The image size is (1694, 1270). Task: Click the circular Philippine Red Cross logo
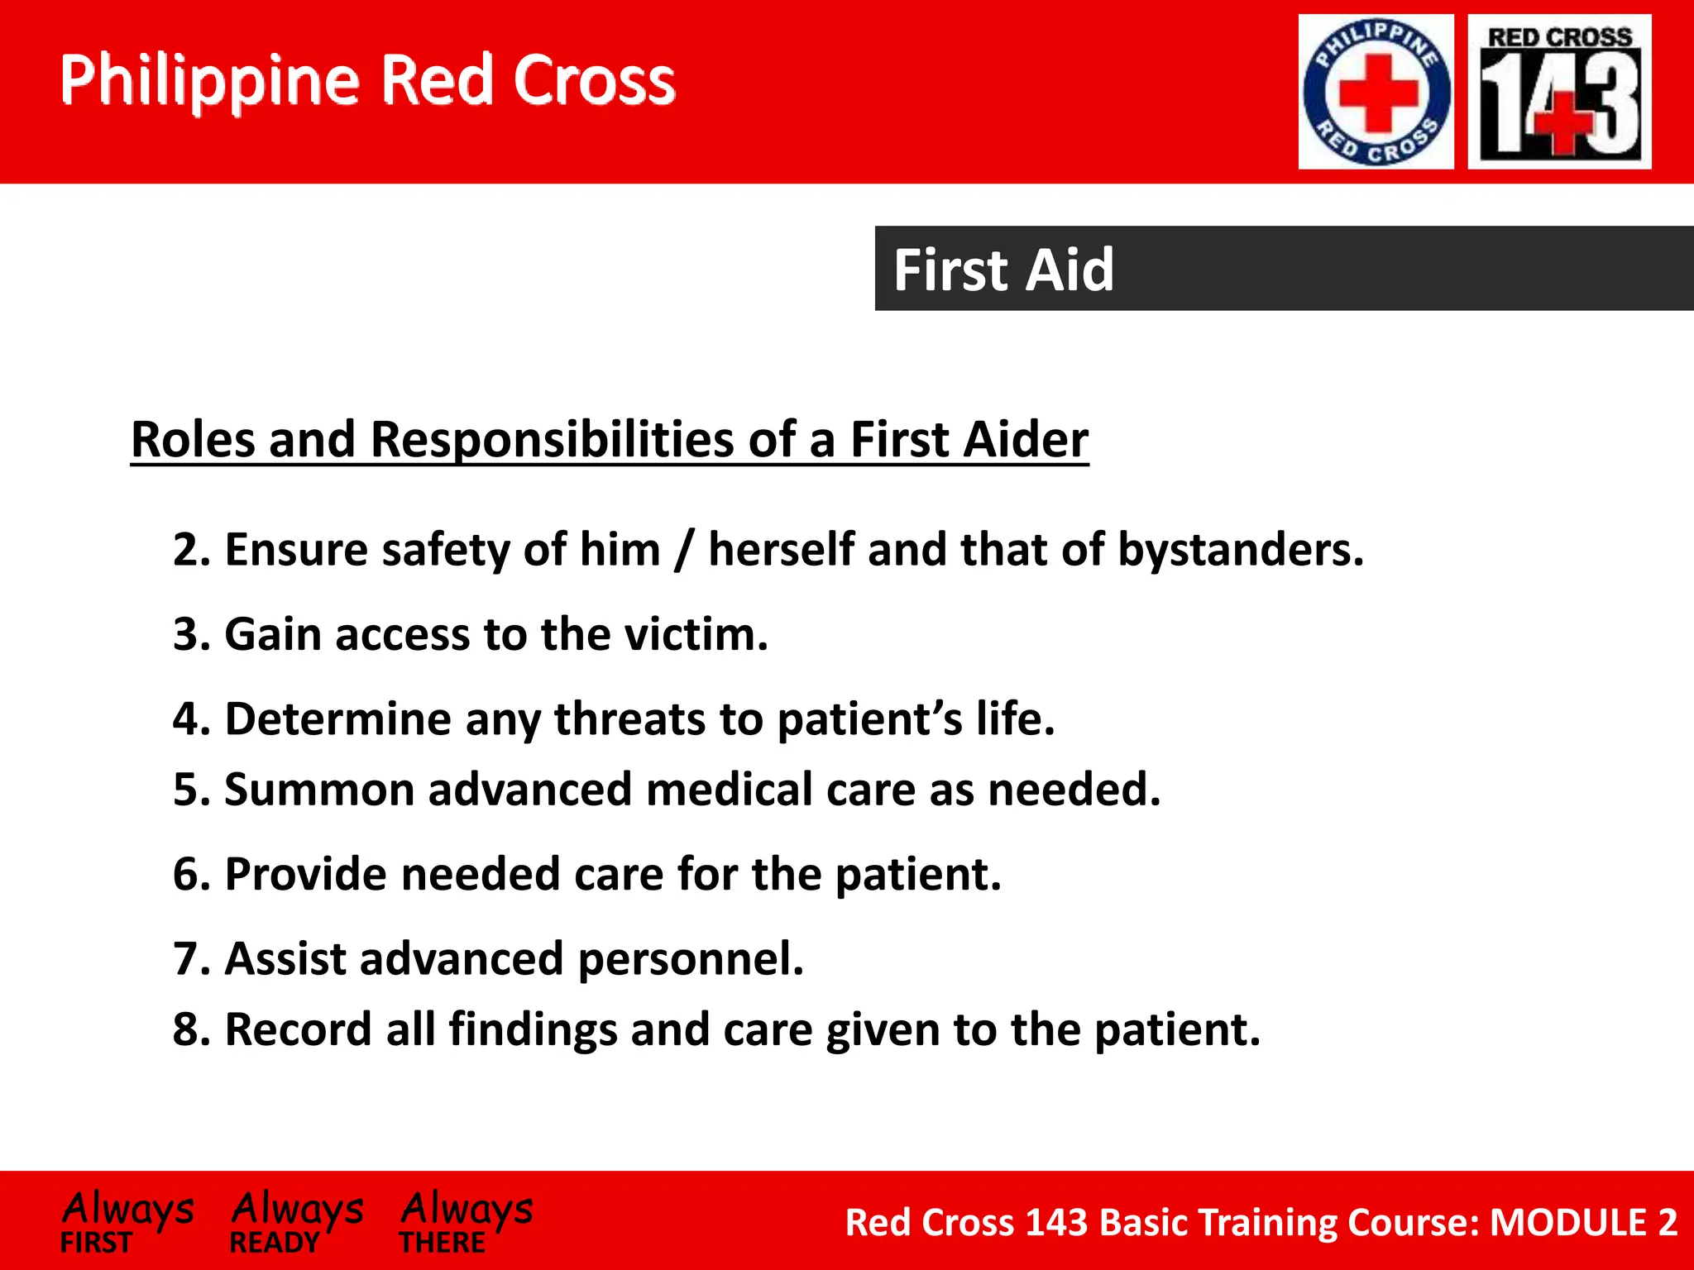[x=1376, y=92]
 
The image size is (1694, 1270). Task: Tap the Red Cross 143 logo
[x=1559, y=92]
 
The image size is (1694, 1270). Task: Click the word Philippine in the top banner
[x=210, y=81]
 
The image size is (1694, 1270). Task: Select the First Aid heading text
[x=1003, y=270]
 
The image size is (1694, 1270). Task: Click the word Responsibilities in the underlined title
[x=552, y=439]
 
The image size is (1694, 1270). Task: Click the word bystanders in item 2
[x=1240, y=550]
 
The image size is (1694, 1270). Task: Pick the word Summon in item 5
[x=318, y=790]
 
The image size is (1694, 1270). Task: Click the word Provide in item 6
[x=305, y=874]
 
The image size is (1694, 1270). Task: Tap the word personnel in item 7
[x=690, y=959]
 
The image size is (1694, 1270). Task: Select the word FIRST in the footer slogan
[x=96, y=1243]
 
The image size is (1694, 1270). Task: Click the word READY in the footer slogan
[x=274, y=1243]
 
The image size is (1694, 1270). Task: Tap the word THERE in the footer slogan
[x=442, y=1243]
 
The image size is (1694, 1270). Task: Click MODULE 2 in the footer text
[x=1583, y=1222]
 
